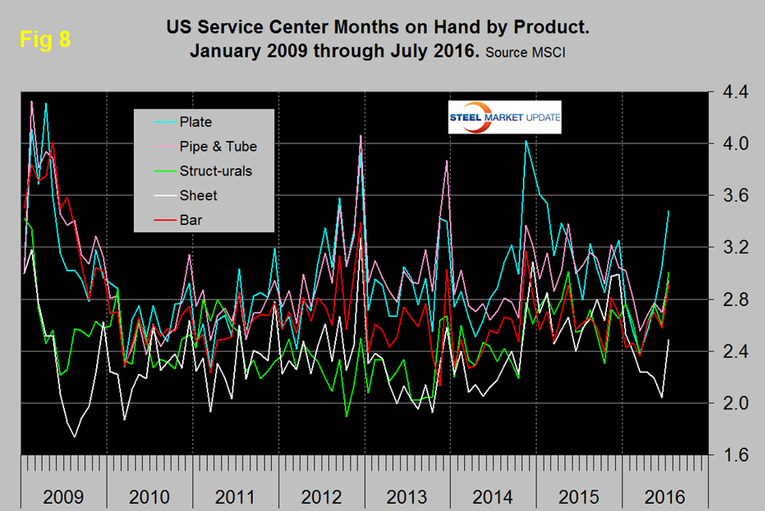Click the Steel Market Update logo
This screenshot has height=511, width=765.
coord(505,117)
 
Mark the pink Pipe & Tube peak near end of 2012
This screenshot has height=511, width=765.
coord(361,135)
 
